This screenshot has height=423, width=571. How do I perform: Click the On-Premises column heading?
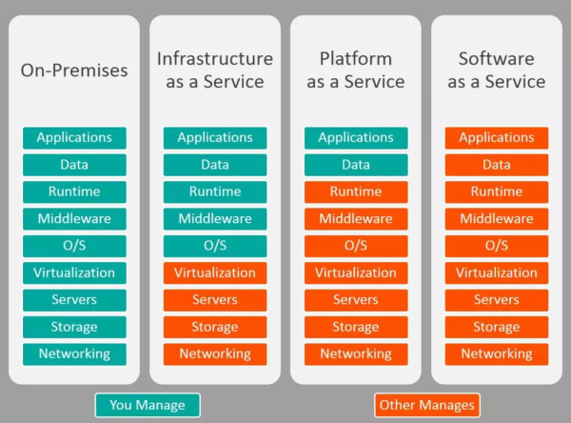pos(74,70)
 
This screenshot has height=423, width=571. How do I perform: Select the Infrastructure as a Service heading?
pos(215,70)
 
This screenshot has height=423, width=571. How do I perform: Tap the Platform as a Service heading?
pos(356,70)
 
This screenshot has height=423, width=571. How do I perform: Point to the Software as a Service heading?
pos(497,70)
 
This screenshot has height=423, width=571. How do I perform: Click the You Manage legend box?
pos(148,405)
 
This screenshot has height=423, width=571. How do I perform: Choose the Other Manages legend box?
pos(426,405)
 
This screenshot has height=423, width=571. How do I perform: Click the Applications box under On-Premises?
pos(74,138)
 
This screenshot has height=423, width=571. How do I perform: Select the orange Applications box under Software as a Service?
pos(497,138)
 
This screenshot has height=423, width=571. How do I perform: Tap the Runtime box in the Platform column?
pos(356,191)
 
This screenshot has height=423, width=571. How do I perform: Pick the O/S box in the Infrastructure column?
pos(215,246)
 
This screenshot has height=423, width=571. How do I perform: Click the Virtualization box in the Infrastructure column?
pos(215,272)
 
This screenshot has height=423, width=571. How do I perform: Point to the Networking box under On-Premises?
pos(74,354)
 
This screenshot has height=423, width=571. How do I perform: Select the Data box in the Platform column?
pos(356,165)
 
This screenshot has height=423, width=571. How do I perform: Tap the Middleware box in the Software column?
pos(497,219)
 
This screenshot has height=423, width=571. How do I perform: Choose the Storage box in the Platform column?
pos(356,327)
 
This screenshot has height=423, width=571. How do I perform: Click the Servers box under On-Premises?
pos(74,300)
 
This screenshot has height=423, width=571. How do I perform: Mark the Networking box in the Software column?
pos(497,354)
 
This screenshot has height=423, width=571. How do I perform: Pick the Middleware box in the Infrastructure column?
pos(215,219)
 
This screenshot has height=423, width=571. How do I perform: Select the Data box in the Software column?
pos(497,165)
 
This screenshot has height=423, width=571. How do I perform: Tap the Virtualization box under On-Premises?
pos(74,272)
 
